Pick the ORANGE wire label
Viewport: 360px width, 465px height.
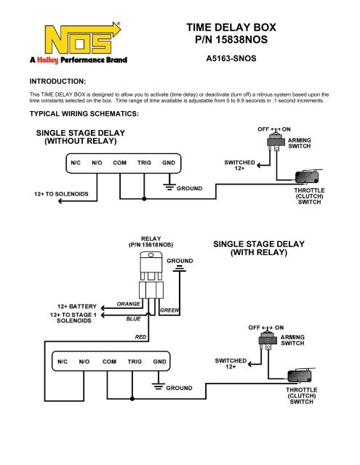click(x=129, y=303)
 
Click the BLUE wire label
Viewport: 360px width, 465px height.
click(x=133, y=318)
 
